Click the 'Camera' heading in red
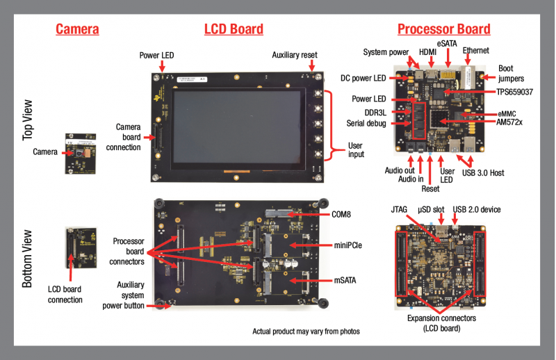pyautogui.click(x=77, y=29)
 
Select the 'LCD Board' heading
pyautogui.click(x=234, y=29)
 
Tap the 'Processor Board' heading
pyautogui.click(x=443, y=29)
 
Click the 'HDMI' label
pyautogui.click(x=427, y=51)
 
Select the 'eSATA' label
pyautogui.click(x=447, y=43)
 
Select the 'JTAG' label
pyautogui.click(x=399, y=208)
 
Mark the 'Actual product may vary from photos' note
pyautogui.click(x=306, y=331)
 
